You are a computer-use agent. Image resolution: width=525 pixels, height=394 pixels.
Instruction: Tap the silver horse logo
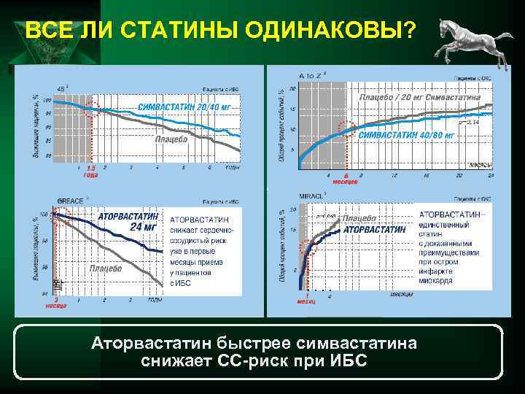(467, 42)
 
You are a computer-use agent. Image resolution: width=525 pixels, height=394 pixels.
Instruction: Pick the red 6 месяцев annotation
(346, 179)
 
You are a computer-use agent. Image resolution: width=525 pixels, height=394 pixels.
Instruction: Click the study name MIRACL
(311, 196)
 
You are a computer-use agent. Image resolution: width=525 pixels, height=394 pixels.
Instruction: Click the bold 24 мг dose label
(144, 226)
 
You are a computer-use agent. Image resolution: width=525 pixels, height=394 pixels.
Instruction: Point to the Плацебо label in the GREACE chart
(105, 269)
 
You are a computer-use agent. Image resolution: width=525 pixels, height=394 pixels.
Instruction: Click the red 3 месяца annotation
(55, 302)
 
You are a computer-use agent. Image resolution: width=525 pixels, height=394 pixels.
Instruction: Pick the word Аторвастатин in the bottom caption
(145, 342)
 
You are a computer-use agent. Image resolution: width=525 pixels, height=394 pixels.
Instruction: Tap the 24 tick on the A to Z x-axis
(491, 175)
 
